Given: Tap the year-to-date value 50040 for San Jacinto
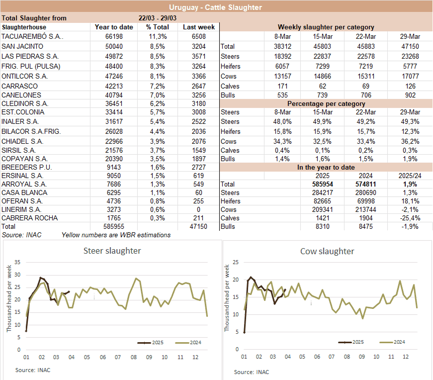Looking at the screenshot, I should tap(114, 46).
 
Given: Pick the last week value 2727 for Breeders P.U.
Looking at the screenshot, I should tap(198, 167).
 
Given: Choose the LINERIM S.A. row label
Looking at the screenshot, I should tap(23, 209).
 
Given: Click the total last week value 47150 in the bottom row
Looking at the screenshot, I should tap(199, 226).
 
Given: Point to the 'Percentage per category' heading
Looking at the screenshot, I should tap(326, 103).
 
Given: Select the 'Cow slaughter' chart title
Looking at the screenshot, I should tap(327, 251).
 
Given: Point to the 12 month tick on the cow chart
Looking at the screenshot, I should tap(405, 357).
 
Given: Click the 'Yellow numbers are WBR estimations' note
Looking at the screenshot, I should tap(116, 235).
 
